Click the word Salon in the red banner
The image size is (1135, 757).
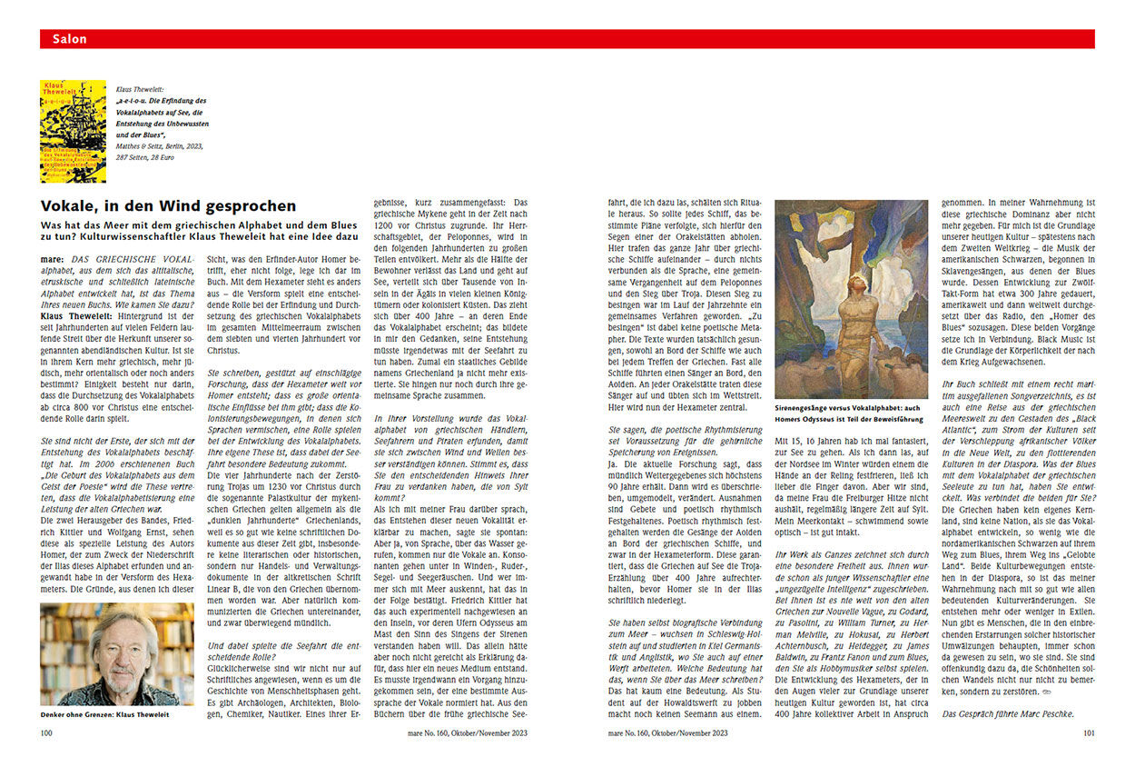point(70,39)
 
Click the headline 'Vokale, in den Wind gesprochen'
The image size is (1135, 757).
point(169,206)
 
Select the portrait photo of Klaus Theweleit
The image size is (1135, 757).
point(117,653)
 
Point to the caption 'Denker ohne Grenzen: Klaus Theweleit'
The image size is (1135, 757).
point(105,715)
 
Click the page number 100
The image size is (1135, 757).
point(46,732)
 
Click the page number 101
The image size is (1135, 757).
point(1088,732)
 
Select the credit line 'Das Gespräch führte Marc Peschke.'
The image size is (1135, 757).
point(1008,713)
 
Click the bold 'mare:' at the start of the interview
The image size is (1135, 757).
point(53,259)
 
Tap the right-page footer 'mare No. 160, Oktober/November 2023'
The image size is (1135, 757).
point(667,732)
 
